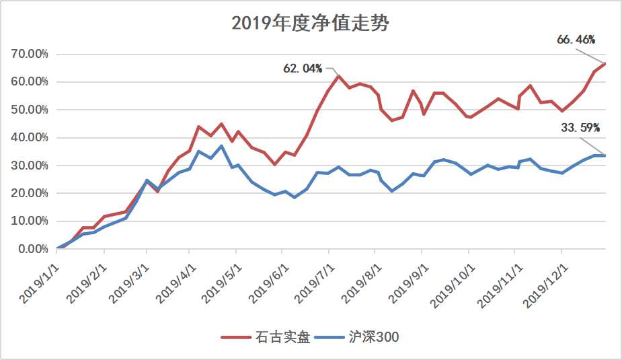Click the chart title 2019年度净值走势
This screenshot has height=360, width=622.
coord(311,24)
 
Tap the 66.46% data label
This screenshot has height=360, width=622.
coord(576,40)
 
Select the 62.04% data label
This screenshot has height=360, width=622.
coord(303,68)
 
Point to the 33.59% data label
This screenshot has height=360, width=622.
coord(580,127)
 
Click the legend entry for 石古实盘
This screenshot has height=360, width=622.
coord(267,337)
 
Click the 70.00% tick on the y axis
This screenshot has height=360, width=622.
coord(29,54)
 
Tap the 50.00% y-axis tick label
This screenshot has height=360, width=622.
coord(29,110)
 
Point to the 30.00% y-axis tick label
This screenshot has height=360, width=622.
coord(29,166)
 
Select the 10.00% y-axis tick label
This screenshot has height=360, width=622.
coord(29,221)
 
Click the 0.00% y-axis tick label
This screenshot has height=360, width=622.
coord(32,249)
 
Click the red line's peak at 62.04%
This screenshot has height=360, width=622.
coord(338,76)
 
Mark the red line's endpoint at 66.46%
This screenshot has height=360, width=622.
coord(605,63)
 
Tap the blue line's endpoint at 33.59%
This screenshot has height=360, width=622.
coord(605,155)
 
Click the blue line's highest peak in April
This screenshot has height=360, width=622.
coord(221,146)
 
